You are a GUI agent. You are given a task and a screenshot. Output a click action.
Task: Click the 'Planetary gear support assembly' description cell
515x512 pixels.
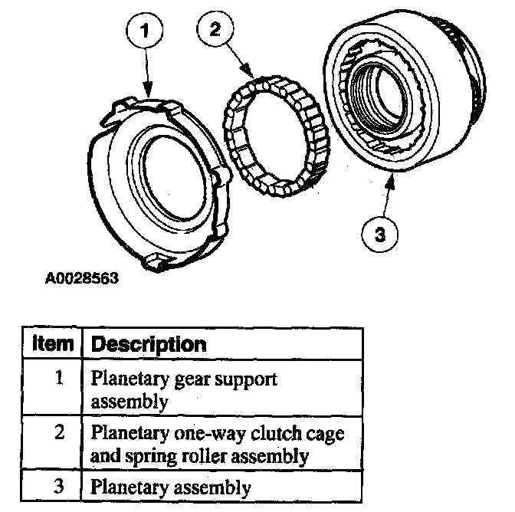tap(184, 389)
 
